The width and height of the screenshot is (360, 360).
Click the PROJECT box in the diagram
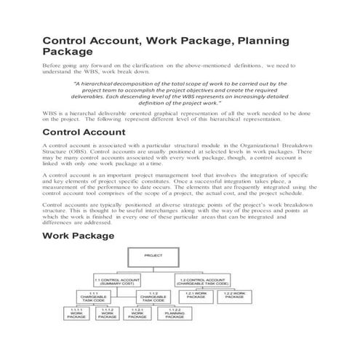[x=153, y=256]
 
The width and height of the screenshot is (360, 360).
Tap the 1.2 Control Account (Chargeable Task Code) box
[x=201, y=281]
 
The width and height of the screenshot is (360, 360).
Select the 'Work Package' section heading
[x=79, y=236]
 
